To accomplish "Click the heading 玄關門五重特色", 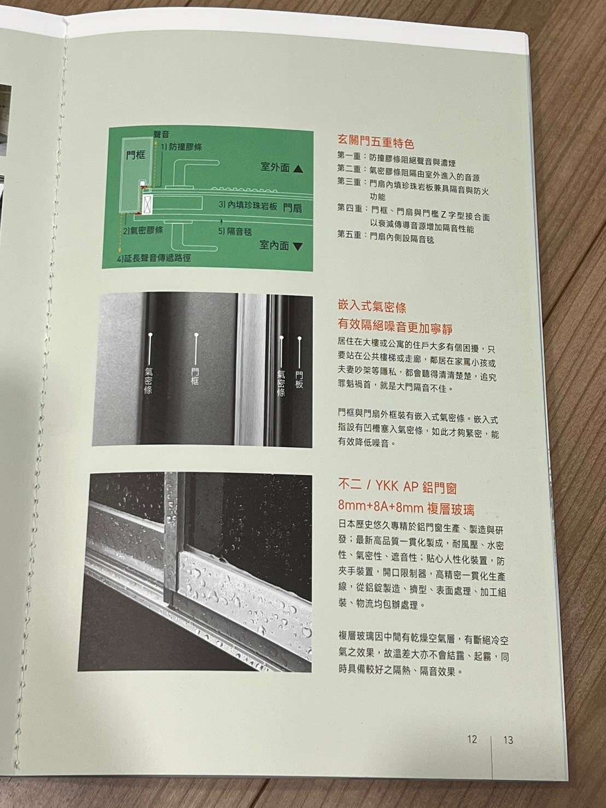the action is pos(375,142).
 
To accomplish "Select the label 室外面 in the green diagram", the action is pos(275,167).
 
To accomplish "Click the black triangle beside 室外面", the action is pos(299,169).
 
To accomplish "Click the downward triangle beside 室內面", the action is pos(298,247).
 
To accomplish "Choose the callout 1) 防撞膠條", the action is pos(182,147).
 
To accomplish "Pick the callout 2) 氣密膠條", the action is pos(143,231).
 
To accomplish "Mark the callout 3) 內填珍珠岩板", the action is pos(248,205).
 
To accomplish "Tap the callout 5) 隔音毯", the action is pos(235,231).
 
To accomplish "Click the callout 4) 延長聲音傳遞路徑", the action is pos(154,258).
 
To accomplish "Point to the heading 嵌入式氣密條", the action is pos(372,307).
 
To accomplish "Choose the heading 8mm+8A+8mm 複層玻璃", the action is pos(406,508).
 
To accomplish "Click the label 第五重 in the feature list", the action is pos(349,235).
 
